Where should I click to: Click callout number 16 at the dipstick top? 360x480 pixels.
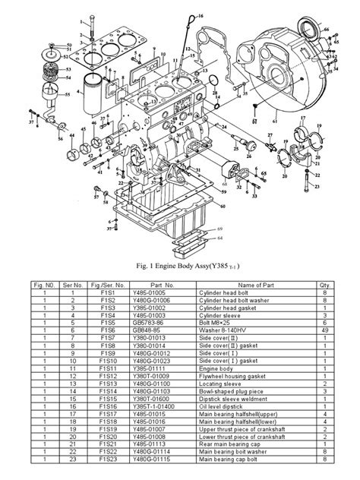[x=200, y=16]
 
